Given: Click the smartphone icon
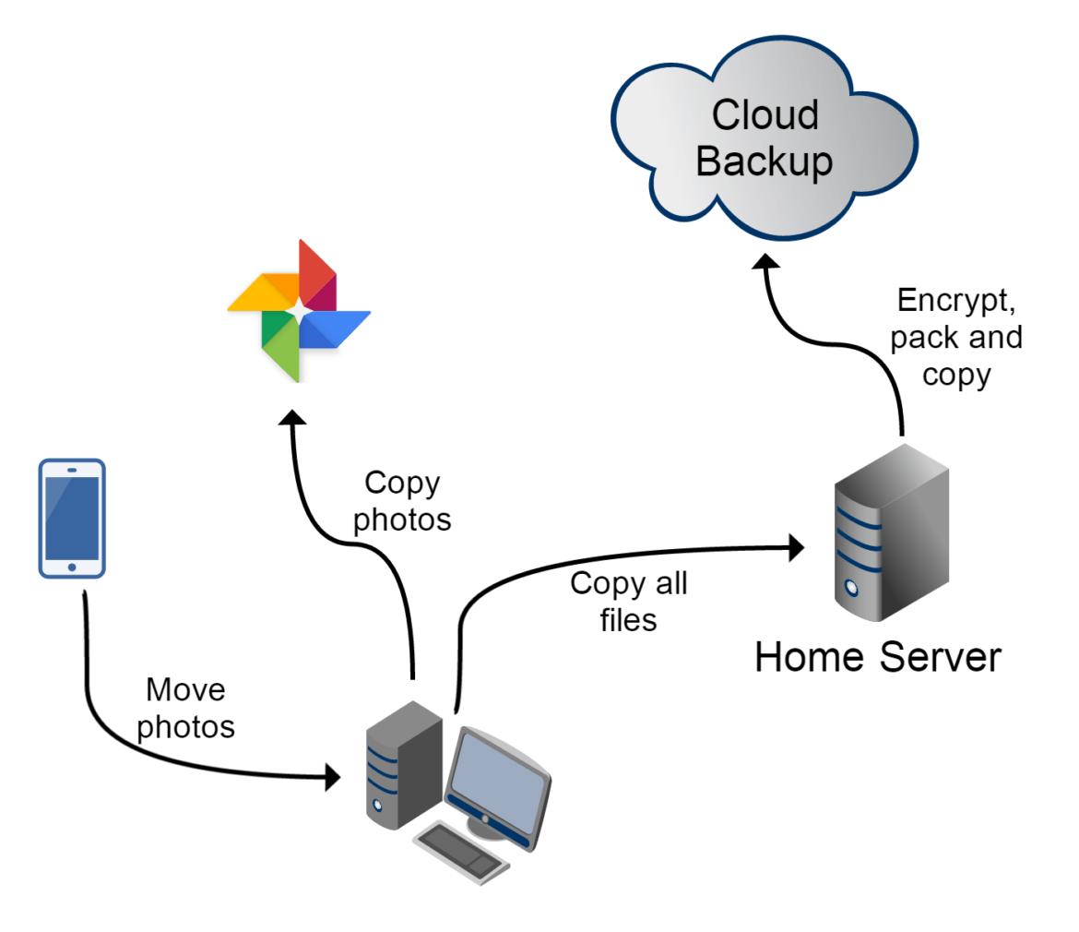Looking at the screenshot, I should [x=72, y=517].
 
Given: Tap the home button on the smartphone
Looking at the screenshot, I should [x=72, y=566].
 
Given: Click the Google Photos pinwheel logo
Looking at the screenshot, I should [x=298, y=311].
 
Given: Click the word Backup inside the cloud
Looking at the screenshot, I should [x=764, y=162].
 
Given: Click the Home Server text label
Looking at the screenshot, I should [x=877, y=658].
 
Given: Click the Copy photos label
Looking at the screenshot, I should [x=403, y=501].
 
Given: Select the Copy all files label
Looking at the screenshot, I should [x=629, y=601].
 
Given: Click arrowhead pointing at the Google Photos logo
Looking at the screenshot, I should [x=293, y=417].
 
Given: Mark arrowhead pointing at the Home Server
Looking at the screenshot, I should [x=794, y=546].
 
